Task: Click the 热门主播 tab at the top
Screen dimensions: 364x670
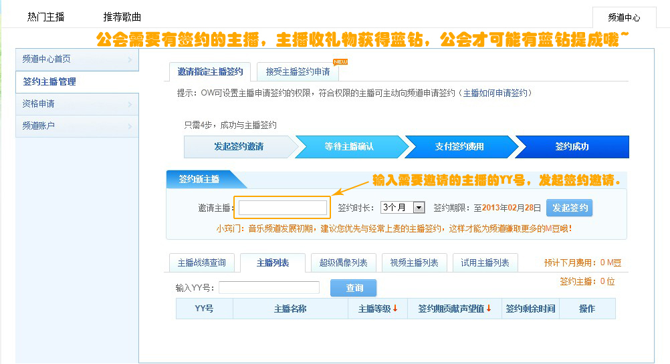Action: coord(45,17)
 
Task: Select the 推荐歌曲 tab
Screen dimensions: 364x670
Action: coord(122,17)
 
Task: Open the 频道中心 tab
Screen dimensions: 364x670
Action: coord(624,18)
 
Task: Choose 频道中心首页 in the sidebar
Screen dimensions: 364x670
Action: coord(76,59)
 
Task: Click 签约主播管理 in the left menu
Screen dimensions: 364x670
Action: coord(76,81)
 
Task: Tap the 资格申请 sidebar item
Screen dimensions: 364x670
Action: coord(76,104)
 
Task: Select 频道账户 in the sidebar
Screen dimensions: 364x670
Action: coord(76,126)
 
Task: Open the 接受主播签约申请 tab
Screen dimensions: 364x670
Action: coord(298,71)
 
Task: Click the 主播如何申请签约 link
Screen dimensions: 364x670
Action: coord(495,93)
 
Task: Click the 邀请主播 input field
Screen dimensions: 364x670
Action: coord(283,208)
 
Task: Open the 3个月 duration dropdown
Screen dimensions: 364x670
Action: coord(403,208)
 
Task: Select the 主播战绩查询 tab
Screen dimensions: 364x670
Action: coord(201,263)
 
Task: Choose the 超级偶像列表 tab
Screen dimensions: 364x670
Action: coord(344,263)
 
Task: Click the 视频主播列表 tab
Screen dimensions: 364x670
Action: coord(414,263)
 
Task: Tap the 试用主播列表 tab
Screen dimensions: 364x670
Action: coord(485,263)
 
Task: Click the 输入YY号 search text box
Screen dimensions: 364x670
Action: coord(269,288)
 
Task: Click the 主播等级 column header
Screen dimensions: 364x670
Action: coord(378,309)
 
